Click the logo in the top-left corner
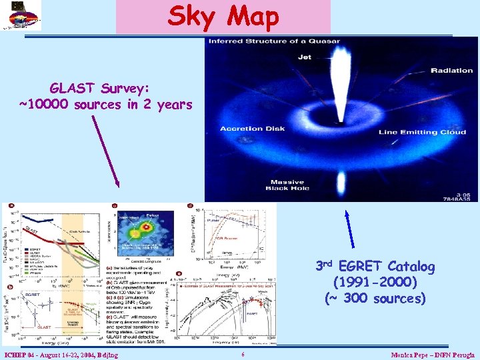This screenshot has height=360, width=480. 21,15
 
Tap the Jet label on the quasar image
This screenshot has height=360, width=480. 304,58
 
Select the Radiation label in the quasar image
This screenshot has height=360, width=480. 451,71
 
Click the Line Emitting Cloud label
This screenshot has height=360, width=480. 423,132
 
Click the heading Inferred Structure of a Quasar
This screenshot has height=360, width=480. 273,41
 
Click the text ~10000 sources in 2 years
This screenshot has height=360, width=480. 105,105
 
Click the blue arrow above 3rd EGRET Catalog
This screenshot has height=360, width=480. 347,233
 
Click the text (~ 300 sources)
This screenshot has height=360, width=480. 375,298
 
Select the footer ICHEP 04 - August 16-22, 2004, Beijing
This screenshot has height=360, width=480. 61,355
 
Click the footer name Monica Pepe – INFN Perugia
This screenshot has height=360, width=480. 433,355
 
